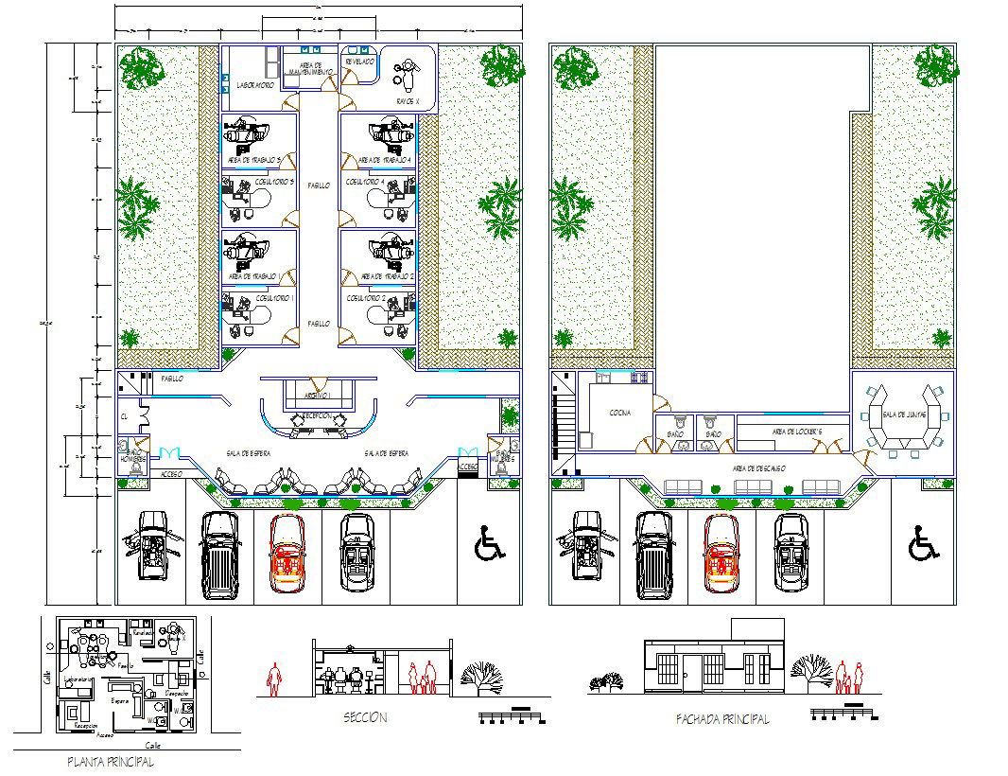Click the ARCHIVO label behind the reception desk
pos(316,395)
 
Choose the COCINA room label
pos(620,413)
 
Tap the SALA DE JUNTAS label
pos(903,414)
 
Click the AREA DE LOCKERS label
pos(797,432)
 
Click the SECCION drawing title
pos(365,718)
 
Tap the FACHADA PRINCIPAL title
pos(721,719)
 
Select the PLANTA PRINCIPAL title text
pos(110,761)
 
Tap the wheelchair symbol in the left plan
pos(489,545)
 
